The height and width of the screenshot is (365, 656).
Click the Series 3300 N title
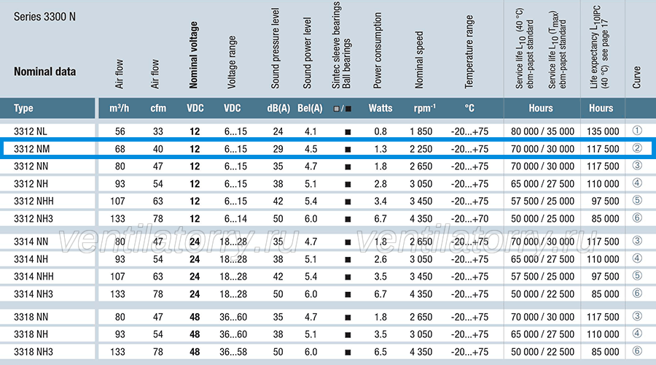[44, 17]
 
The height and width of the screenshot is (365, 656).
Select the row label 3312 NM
[31, 149]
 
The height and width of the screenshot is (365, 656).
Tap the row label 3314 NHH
[34, 276]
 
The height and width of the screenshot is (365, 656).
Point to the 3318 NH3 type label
[34, 352]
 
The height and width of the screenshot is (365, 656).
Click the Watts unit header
[380, 108]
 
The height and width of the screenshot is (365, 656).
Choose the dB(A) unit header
[278, 108]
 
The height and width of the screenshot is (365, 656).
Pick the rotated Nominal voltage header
[193, 55]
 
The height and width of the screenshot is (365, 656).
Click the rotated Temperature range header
[469, 52]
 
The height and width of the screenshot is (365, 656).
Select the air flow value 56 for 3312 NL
[120, 131]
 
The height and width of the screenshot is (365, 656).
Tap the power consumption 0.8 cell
[380, 131]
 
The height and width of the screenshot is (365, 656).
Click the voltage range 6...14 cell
[235, 219]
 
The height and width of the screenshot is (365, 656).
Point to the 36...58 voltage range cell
[233, 352]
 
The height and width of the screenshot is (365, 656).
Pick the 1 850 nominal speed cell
[421, 131]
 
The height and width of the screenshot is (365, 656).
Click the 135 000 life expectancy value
[603, 131]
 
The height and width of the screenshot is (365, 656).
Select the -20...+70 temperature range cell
[469, 219]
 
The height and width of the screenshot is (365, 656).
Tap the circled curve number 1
[637, 131]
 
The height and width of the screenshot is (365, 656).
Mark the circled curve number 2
[637, 148]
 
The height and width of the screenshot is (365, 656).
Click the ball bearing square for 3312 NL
[348, 132]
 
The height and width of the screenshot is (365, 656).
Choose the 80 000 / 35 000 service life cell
[542, 131]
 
